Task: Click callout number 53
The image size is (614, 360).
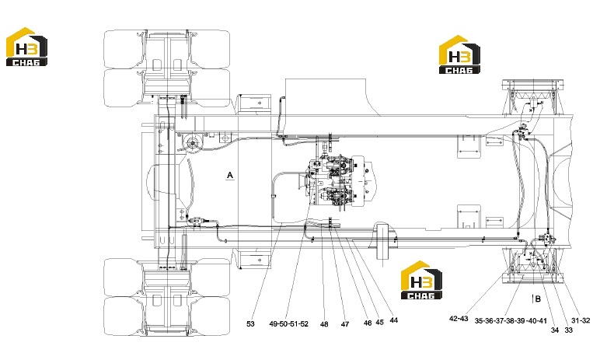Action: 250,323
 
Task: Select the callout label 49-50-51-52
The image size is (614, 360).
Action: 288,323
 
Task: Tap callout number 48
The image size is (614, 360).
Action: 324,324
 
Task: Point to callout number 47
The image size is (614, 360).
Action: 344,324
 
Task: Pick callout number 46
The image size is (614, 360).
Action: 368,323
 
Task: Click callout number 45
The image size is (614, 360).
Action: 379,322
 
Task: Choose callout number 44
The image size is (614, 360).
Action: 393,320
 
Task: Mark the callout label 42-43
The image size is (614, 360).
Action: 459,319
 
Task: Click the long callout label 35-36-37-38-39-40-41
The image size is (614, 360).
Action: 511,321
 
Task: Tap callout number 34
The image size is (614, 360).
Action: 554,330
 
